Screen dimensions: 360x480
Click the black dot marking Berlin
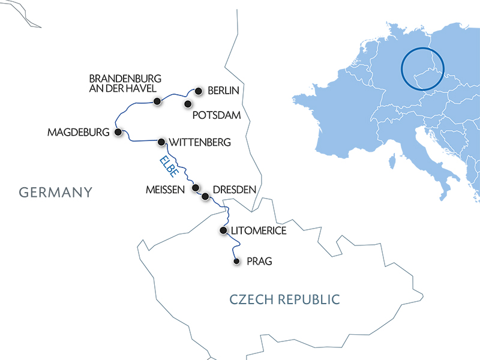coord(197,91)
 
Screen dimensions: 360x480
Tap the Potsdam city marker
coord(188,104)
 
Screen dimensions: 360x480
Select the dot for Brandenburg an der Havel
coord(157,101)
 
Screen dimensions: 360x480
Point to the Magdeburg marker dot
coord(118,132)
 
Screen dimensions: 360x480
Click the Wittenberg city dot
coord(161,142)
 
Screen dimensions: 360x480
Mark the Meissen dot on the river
coord(195,188)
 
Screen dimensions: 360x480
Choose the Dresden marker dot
coord(205,196)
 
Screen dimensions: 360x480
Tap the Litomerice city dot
coord(223,230)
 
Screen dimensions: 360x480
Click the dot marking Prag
coord(236,261)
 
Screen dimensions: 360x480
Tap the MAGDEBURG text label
coord(78,132)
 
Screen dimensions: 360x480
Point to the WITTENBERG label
coord(200,143)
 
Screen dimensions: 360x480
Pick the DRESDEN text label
coord(235,190)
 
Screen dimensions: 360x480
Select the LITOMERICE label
coord(259,230)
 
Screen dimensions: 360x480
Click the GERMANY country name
coord(56,193)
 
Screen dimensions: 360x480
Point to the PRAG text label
coord(259,262)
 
